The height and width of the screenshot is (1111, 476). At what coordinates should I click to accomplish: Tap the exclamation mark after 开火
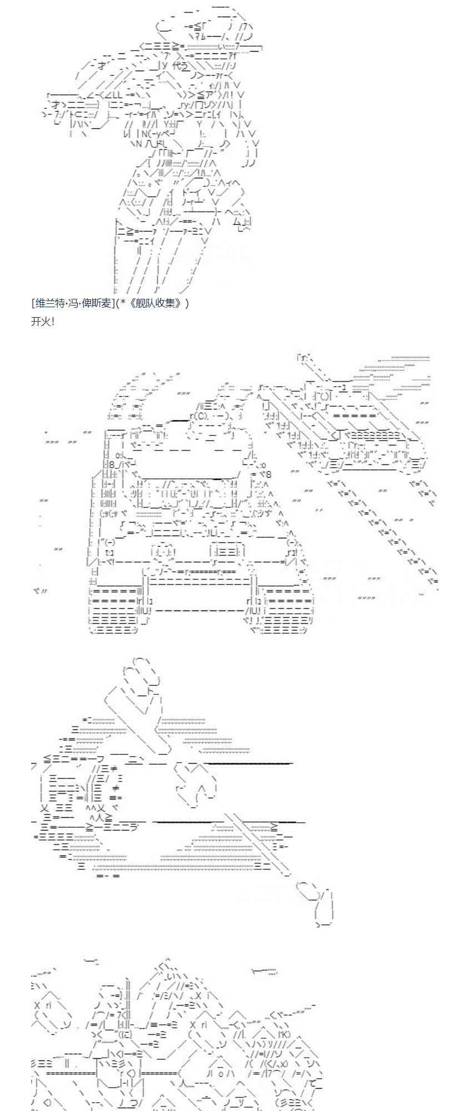point(52,321)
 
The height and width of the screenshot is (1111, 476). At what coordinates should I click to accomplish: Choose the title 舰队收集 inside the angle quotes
point(154,303)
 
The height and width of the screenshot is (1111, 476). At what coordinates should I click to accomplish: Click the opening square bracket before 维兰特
point(34,303)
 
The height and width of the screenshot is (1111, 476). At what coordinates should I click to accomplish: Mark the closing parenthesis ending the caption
point(187,303)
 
